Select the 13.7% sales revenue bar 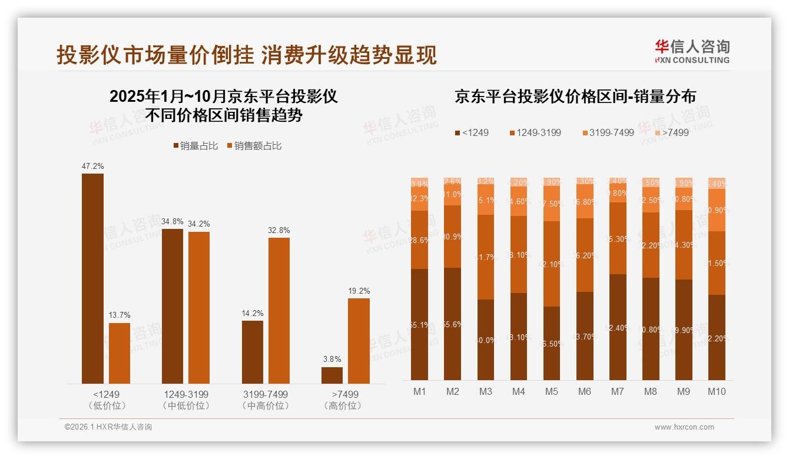pos(120,353)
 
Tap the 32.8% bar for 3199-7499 pos(279,311)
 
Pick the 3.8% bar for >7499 pos(332,375)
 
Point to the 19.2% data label pos(359,291)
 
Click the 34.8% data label pos(172,222)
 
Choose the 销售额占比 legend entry pos(253,146)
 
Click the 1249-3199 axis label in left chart pos(185,394)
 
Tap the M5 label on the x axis pos(552,391)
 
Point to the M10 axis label pos(717,391)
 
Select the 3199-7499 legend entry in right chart pos(608,132)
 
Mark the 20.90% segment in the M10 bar pos(717,210)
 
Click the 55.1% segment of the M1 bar pos(420,324)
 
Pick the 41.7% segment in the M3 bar pos(486,257)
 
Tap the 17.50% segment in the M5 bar pos(552,204)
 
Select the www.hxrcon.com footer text pos(684,427)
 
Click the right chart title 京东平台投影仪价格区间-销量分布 pos(575,97)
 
